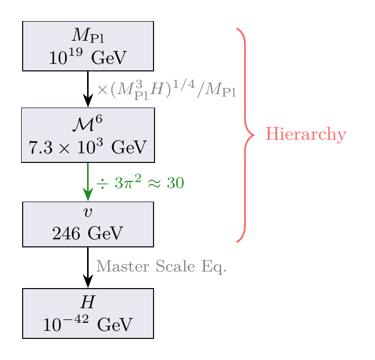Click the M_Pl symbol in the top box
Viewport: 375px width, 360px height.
pos(88,36)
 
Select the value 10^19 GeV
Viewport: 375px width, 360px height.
pos(88,57)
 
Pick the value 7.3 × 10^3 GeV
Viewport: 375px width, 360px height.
pos(88,147)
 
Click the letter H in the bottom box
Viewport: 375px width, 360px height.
pos(88,302)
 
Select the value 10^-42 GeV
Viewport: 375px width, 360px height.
pos(88,324)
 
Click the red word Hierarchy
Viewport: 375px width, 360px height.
pos(306,135)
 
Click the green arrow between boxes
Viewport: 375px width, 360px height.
pos(88,181)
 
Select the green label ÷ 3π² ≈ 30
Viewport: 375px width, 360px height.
pos(139,183)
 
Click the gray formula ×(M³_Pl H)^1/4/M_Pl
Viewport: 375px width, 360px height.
pos(166,91)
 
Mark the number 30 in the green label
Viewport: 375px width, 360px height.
pos(175,184)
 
